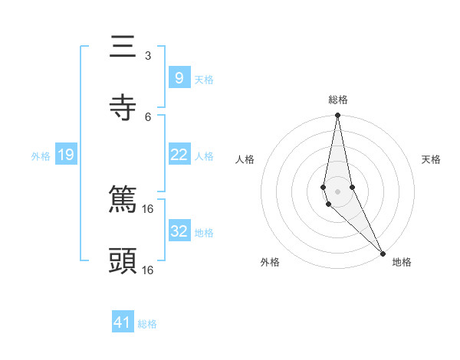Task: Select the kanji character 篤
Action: [x=123, y=201]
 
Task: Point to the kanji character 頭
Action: [x=123, y=261]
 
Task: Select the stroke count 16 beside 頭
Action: [x=148, y=270]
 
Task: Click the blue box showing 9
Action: [x=179, y=77]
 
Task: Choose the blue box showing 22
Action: [x=179, y=155]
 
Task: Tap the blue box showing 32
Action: [x=179, y=231]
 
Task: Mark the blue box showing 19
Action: [x=65, y=155]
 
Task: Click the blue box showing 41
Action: [x=123, y=322]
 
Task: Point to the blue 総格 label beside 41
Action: [x=147, y=324]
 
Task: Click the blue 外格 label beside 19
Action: [x=41, y=156]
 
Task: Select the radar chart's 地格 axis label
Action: [x=402, y=263]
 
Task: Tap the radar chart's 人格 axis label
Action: [x=245, y=159]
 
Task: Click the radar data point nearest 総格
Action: [x=337, y=116]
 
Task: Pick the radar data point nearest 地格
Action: [x=382, y=253]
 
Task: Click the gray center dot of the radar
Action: [x=337, y=191]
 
